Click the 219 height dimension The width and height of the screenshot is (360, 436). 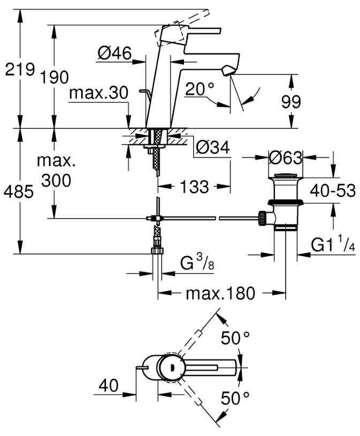point(20,69)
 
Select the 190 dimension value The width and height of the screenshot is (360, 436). point(55,77)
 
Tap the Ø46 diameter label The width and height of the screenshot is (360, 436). point(114,53)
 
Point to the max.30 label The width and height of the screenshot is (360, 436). point(98,93)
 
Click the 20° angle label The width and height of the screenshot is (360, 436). point(200,89)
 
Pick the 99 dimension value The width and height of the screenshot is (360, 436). point(291,102)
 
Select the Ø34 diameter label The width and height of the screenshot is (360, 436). point(213,147)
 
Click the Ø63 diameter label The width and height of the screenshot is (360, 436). point(286,158)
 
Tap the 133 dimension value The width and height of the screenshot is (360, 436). point(194,186)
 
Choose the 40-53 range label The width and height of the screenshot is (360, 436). point(333,191)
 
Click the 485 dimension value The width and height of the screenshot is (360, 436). point(19,192)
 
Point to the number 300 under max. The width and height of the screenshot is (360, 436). point(56,180)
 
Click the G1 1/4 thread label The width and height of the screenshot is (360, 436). point(333,244)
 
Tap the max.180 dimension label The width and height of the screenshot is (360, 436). point(220,293)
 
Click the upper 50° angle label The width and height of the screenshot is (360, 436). point(235,338)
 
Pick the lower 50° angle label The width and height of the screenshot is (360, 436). point(235,397)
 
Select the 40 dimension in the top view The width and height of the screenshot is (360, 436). point(109,385)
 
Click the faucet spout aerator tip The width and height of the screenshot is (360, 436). point(228,70)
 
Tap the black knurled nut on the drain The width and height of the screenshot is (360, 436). point(262,218)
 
